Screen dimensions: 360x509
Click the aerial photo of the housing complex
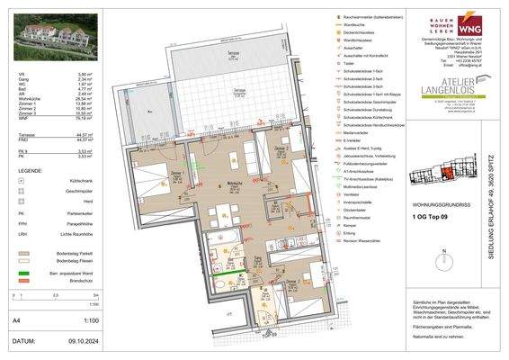[46, 35]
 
